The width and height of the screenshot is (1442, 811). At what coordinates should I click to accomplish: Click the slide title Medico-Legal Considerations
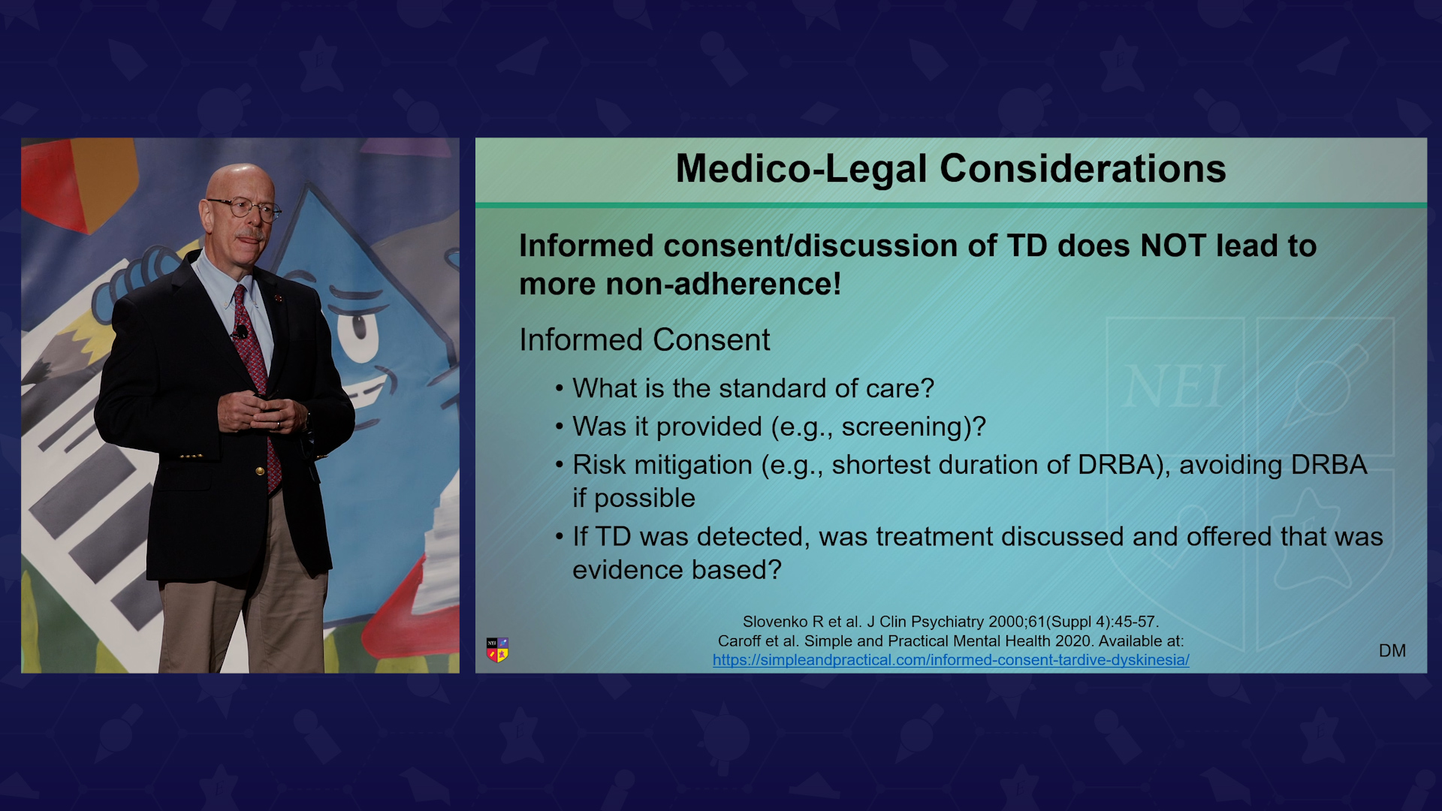[951, 169]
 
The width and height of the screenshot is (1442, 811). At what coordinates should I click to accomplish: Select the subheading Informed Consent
[644, 340]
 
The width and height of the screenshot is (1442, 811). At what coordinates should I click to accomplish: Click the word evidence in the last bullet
[628, 570]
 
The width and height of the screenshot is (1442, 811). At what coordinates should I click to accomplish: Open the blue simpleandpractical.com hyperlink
[951, 660]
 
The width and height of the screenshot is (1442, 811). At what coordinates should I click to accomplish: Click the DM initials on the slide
[1392, 651]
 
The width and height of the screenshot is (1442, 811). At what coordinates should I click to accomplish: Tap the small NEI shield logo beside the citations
[497, 650]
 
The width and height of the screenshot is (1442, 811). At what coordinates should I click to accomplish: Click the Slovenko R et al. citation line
[951, 622]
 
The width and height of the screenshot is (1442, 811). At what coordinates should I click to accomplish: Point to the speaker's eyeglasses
[245, 208]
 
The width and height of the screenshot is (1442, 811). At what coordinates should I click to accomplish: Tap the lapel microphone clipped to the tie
[241, 332]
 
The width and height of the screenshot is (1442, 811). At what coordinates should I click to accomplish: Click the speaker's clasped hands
[262, 413]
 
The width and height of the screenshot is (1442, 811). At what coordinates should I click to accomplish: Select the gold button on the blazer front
[260, 471]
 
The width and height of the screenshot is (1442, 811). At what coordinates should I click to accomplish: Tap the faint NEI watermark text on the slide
[1174, 387]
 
